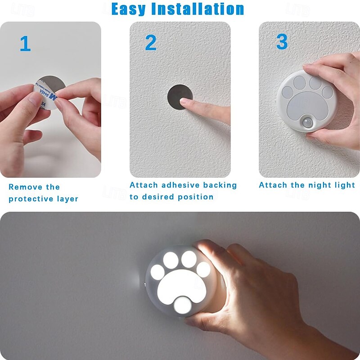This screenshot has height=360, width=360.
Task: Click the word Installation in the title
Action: (198, 9)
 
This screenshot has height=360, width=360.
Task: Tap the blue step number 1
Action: (25, 43)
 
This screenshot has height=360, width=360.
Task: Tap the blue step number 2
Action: (151, 42)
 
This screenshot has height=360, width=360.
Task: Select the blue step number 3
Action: (282, 41)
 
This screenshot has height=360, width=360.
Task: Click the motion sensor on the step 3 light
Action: (307, 123)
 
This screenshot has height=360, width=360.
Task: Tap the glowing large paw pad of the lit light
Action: (181, 286)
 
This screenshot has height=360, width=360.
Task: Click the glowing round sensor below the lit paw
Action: (183, 305)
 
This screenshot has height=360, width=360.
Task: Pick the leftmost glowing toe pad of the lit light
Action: (157, 272)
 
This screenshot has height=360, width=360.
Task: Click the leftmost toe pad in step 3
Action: (288, 92)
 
